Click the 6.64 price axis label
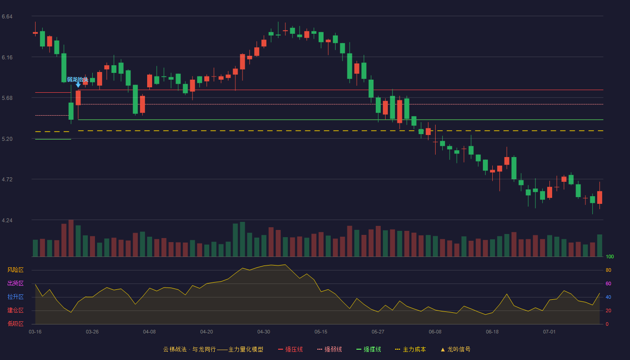pyautogui.click(x=7, y=17)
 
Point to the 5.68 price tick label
pyautogui.click(x=7, y=98)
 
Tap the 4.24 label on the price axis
pyautogui.click(x=7, y=220)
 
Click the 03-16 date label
pyautogui.click(x=35, y=332)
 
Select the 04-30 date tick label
pyautogui.click(x=264, y=332)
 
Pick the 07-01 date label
pyautogui.click(x=549, y=332)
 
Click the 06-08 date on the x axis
pyautogui.click(x=435, y=332)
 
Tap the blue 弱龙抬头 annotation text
pyautogui.click(x=77, y=80)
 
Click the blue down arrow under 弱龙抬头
pyautogui.click(x=78, y=85)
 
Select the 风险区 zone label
pyautogui.click(x=15, y=270)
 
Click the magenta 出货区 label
pyautogui.click(x=15, y=283)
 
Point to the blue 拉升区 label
pyautogui.click(x=15, y=297)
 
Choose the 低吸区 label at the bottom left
pyautogui.click(x=15, y=324)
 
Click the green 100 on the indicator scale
pyautogui.click(x=610, y=256)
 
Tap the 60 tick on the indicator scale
pyautogui.click(x=608, y=283)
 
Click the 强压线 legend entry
pyautogui.click(x=291, y=350)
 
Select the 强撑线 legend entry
pyautogui.click(x=369, y=350)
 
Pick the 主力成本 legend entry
pyautogui.click(x=410, y=350)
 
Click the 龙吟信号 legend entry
pyautogui.click(x=455, y=350)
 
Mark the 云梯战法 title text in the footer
pyautogui.click(x=175, y=350)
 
